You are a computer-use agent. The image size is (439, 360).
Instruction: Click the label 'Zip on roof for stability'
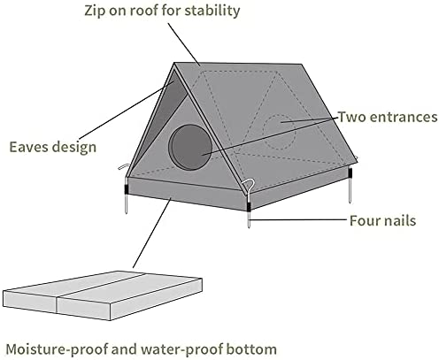click(162, 11)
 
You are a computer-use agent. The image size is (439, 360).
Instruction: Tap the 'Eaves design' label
click(53, 147)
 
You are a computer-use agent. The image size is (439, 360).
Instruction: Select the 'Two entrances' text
click(388, 117)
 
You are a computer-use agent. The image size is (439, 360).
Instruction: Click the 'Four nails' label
click(382, 220)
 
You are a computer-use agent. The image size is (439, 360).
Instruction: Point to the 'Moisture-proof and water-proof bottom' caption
click(142, 349)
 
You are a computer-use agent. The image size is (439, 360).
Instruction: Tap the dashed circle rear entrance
click(279, 132)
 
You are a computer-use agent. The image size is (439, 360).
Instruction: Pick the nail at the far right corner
click(350, 186)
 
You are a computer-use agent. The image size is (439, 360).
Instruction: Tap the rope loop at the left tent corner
click(124, 167)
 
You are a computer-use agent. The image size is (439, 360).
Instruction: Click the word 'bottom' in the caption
click(251, 349)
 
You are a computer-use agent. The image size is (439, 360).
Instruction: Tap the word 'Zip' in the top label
click(94, 11)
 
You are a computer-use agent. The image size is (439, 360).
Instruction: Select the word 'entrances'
click(404, 117)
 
